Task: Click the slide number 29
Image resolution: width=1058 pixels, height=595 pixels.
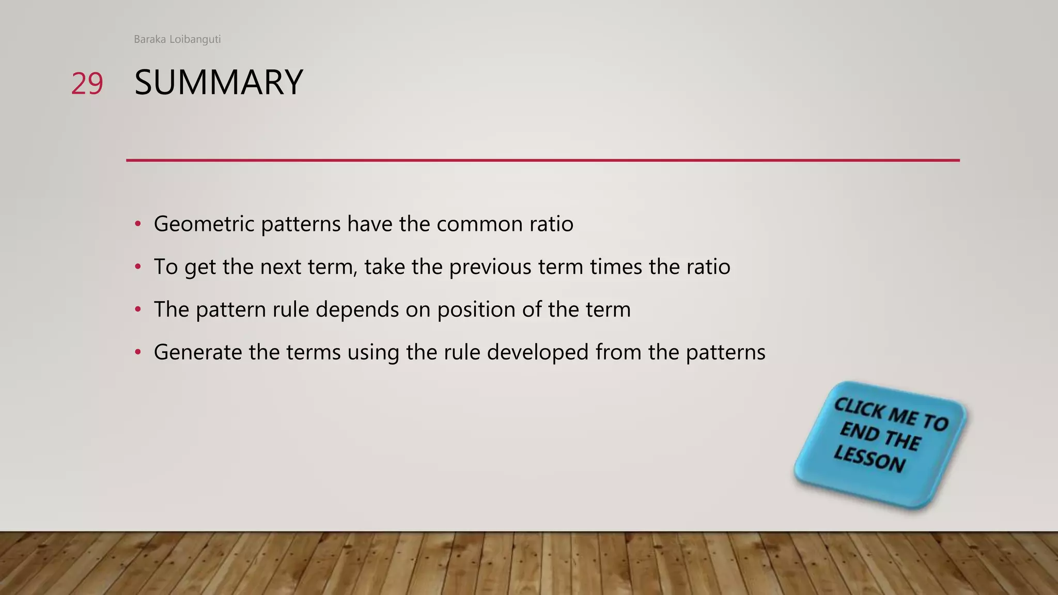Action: point(87,84)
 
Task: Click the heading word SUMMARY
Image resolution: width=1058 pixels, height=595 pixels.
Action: point(219,83)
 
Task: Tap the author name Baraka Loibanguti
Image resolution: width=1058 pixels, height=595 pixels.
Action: point(177,39)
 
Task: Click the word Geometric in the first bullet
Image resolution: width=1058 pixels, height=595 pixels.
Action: point(204,224)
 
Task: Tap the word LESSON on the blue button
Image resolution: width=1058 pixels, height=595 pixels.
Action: point(869,458)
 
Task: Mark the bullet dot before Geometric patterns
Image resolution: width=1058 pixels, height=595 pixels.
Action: point(137,224)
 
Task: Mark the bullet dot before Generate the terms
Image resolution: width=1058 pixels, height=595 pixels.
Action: point(137,353)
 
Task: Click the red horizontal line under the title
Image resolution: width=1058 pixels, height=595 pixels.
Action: point(542,160)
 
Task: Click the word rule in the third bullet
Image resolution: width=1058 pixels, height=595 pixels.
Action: point(290,310)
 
